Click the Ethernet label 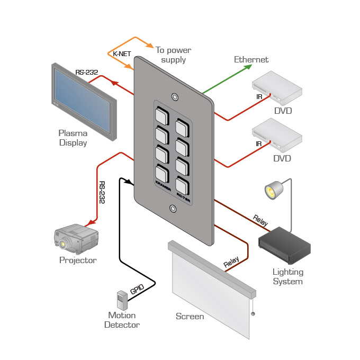[x=251, y=60]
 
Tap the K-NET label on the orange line [x=122, y=53]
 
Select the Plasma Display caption [x=73, y=138]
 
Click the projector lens [x=64, y=244]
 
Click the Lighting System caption [x=287, y=276]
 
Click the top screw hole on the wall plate [x=174, y=97]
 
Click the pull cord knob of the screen [x=253, y=314]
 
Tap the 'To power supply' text [x=173, y=55]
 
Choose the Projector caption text [x=78, y=260]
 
